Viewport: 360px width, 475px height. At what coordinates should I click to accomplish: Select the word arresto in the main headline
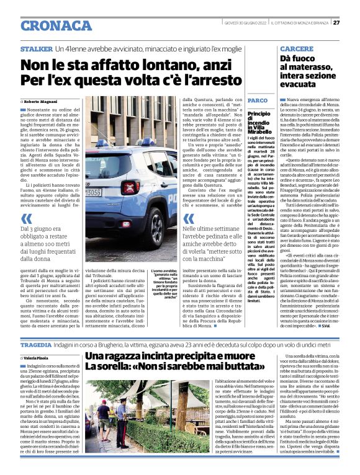[207, 81]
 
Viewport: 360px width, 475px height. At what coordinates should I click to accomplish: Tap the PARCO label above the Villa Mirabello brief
[257, 100]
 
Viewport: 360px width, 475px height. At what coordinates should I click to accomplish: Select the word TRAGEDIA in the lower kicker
[35, 344]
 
